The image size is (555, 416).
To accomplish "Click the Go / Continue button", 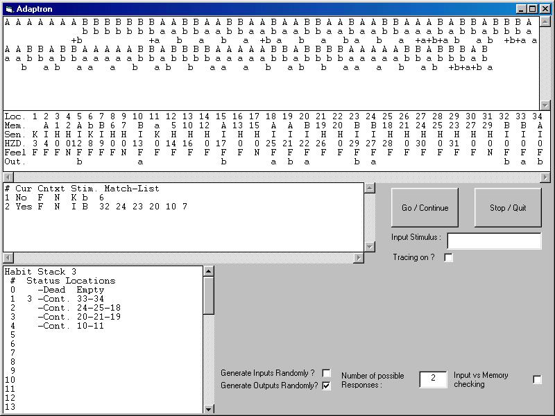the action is (425, 207).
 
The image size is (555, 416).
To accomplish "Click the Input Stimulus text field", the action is (494, 241).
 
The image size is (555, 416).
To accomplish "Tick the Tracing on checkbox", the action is (448, 257).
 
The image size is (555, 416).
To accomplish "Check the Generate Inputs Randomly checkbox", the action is (326, 373).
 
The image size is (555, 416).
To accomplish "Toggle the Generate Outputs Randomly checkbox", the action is (326, 385).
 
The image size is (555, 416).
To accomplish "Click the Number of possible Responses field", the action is (433, 379).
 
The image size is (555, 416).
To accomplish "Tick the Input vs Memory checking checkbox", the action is (537, 379).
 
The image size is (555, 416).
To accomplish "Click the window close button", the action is (543, 9).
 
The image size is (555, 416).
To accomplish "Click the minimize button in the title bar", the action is (522, 9).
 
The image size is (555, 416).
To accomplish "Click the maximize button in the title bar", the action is (532, 9).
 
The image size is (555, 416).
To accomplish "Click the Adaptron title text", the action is (34, 9).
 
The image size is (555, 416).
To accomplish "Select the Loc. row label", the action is (15, 116).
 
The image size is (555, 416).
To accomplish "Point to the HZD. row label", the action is (15, 144).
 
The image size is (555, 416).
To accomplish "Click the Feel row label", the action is (15, 153).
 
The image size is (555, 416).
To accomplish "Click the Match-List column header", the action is (132, 189).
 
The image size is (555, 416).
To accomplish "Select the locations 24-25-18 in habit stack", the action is (99, 308).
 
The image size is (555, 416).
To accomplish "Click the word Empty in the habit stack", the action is (90, 290).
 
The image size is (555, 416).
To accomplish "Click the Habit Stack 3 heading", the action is (40, 272).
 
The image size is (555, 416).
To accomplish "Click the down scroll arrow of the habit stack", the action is (209, 409).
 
